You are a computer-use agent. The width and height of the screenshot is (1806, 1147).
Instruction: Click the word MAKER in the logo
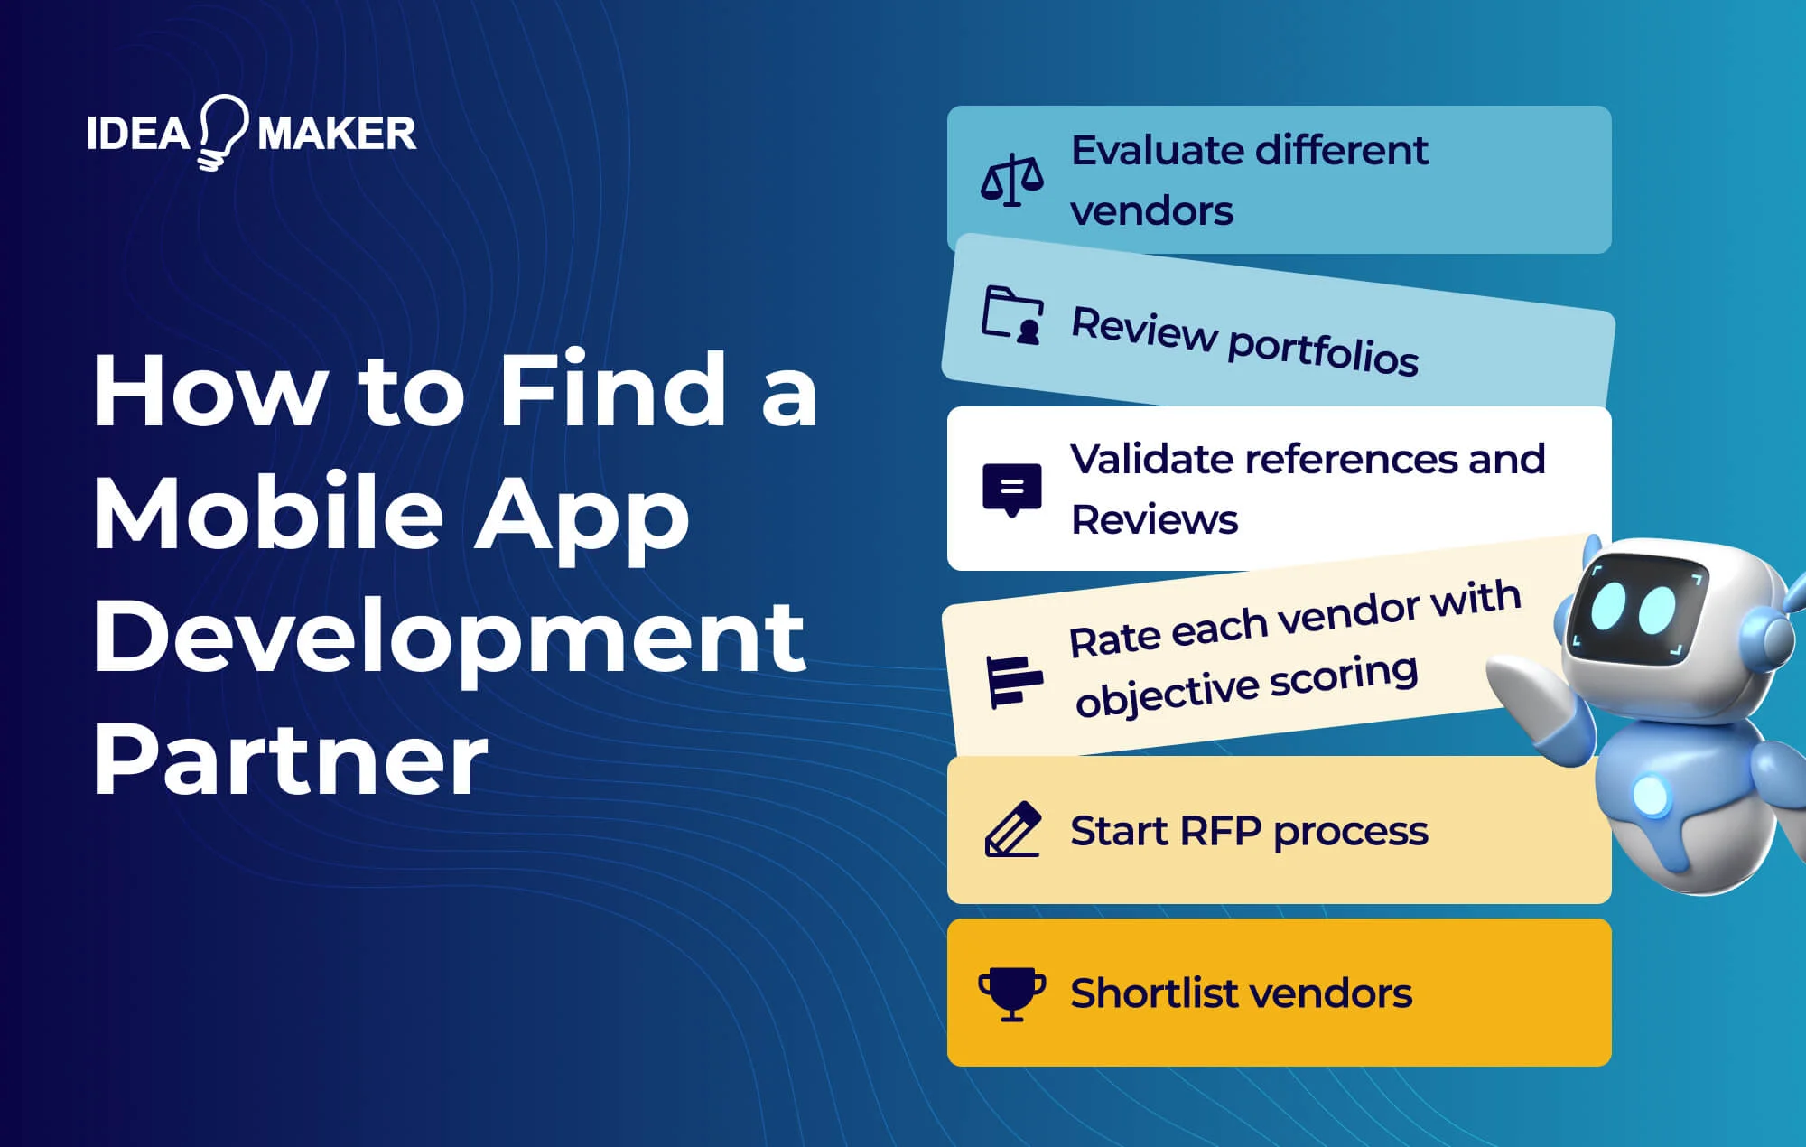point(337,135)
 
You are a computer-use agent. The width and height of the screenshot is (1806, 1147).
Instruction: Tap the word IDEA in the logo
point(138,135)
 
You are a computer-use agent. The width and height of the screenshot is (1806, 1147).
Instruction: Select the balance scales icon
point(1011,180)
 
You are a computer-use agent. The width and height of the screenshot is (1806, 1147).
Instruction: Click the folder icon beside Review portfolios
point(1012,315)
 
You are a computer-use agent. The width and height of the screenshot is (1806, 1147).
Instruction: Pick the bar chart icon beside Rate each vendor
point(1013,681)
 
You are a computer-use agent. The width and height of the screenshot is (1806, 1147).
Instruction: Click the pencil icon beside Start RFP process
point(1011,828)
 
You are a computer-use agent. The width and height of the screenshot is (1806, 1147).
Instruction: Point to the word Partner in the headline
point(290,759)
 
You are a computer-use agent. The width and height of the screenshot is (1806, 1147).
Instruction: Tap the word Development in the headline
point(449,636)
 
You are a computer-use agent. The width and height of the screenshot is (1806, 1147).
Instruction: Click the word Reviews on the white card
point(1154,520)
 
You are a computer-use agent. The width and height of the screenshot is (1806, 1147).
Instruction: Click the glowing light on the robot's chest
point(1651,795)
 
